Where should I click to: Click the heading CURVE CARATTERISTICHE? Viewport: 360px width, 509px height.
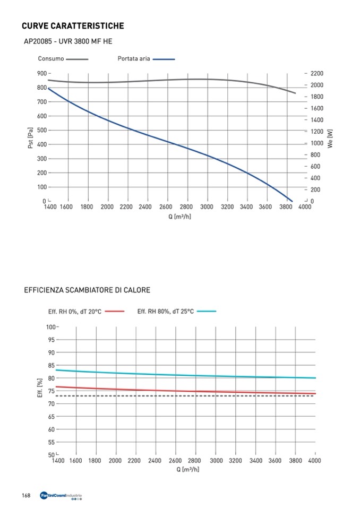point(73,26)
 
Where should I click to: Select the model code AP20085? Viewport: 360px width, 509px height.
point(39,41)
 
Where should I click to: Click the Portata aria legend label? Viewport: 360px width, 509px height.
point(133,59)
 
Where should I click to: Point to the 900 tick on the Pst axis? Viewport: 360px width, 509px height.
point(41,73)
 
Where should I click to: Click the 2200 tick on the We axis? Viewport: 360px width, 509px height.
point(317,73)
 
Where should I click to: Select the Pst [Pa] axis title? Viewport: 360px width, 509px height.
point(31,137)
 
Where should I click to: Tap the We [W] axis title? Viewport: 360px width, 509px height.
point(330,137)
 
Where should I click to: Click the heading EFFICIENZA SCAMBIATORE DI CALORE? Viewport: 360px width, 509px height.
point(87,290)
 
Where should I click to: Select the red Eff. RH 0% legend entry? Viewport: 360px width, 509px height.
point(85,312)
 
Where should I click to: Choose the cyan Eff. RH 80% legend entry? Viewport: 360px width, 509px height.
point(176,312)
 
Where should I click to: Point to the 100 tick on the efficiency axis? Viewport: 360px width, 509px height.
point(50,327)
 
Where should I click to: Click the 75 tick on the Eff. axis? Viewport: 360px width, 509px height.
point(52,391)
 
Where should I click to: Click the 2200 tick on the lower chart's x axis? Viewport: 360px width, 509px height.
point(135,461)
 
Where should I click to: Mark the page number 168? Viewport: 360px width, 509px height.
point(25,496)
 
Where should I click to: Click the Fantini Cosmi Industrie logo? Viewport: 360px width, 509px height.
point(61,496)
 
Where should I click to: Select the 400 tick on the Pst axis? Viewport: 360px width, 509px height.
point(41,144)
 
